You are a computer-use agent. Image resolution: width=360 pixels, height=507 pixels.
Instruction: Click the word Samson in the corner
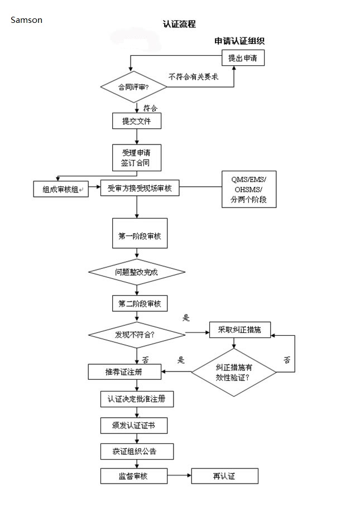(27, 20)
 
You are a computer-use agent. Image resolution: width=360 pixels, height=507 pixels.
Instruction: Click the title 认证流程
(179, 24)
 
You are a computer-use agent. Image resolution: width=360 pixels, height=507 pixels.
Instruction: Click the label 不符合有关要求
(194, 76)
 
